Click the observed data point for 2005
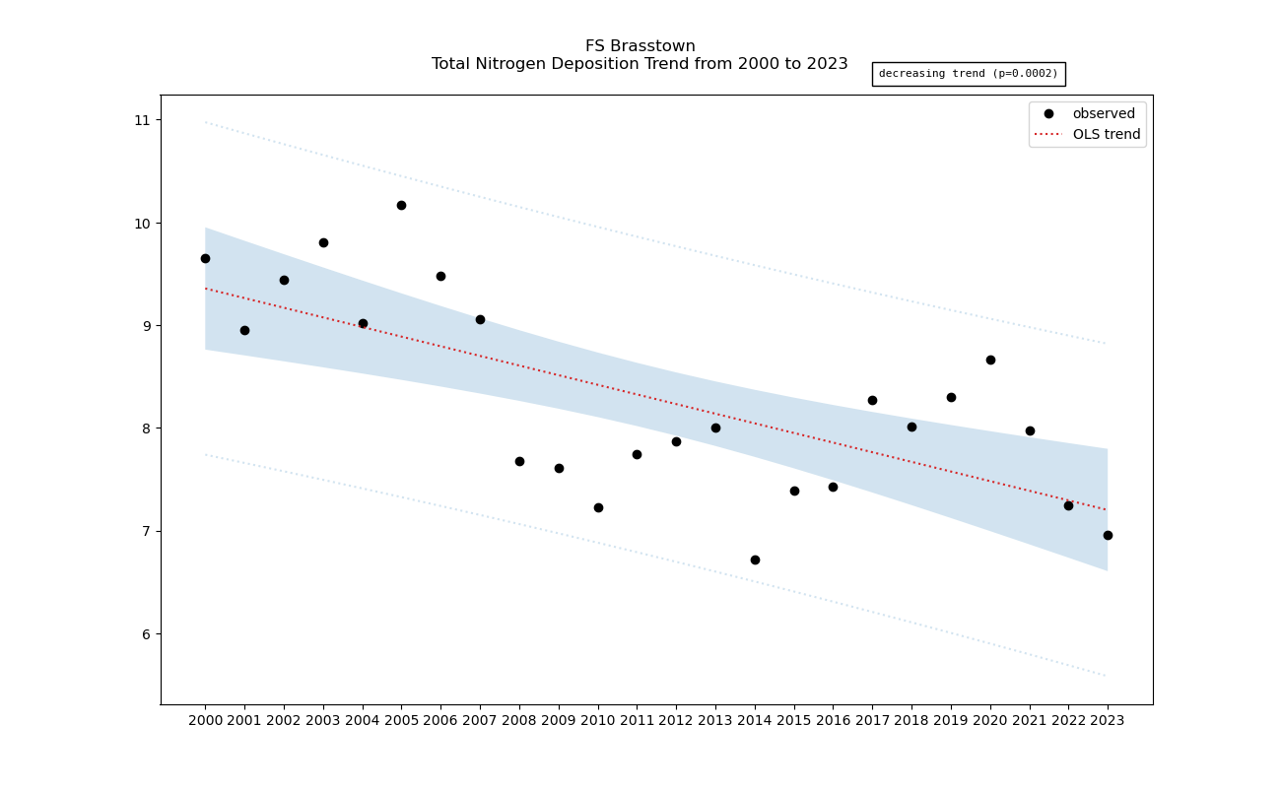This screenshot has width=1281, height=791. click(x=401, y=205)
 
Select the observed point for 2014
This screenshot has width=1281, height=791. click(x=755, y=560)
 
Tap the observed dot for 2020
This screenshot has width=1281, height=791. click(x=990, y=360)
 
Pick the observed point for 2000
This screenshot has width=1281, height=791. click(x=205, y=258)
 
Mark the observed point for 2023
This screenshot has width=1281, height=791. click(x=1108, y=535)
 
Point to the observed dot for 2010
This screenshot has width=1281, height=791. click(x=598, y=507)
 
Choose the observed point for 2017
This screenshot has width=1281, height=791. click(x=872, y=400)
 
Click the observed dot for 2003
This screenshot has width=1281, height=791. click(x=323, y=242)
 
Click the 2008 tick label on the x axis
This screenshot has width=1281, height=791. click(x=519, y=720)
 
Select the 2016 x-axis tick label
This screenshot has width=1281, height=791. click(x=833, y=720)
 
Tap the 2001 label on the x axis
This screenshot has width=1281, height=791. click(x=244, y=720)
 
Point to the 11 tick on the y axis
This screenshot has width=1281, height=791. click(x=143, y=120)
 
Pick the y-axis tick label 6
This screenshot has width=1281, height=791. click(x=146, y=633)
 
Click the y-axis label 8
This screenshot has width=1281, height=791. click(x=146, y=428)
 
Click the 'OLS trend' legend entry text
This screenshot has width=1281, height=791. click(x=1107, y=134)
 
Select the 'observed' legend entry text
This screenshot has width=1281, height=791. click(x=1104, y=113)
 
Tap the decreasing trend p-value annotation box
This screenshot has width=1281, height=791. click(x=968, y=74)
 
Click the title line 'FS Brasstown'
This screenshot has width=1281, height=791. click(x=640, y=46)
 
